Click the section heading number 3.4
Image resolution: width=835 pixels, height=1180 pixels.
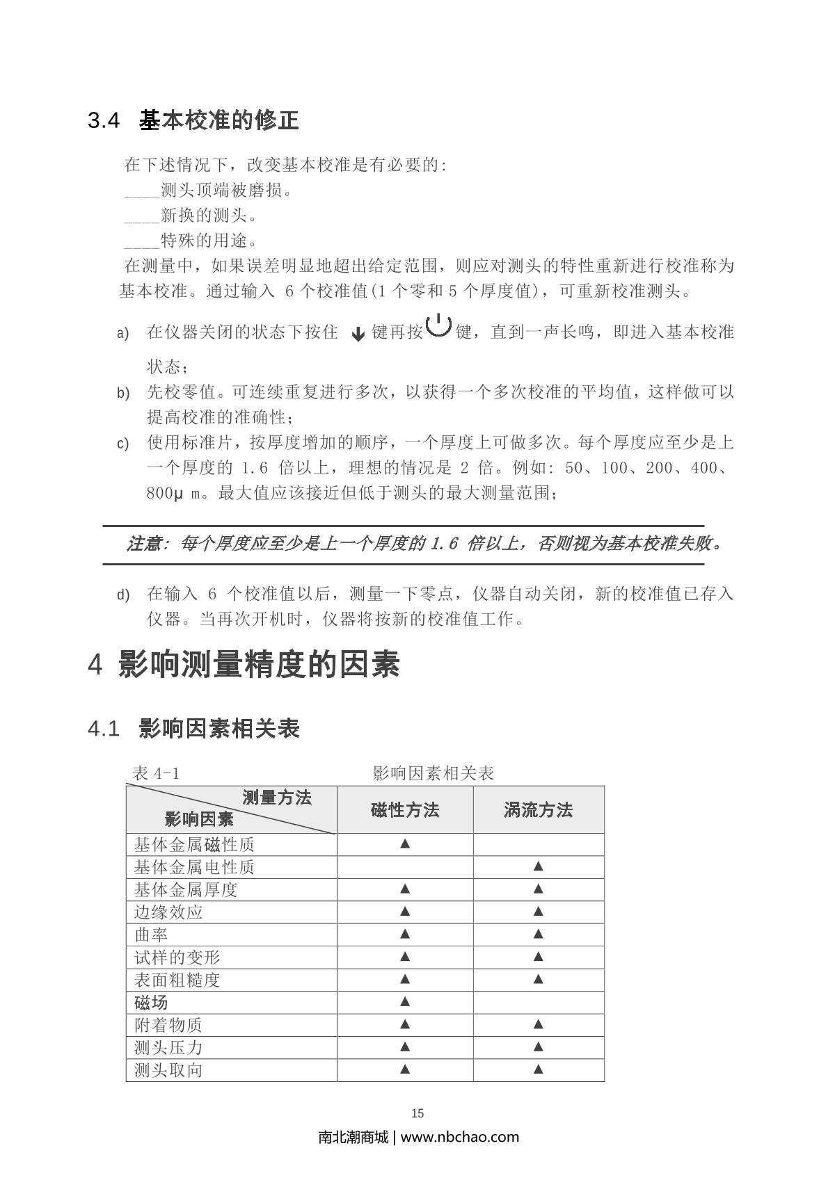104,121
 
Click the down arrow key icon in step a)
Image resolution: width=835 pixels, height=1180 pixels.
358,334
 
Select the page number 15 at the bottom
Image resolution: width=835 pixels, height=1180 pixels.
417,1113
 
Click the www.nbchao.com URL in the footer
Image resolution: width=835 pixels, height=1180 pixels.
460,1137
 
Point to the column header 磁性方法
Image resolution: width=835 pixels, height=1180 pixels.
405,810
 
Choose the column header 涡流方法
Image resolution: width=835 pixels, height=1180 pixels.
538,810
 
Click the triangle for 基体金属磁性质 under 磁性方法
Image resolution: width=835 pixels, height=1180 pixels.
405,844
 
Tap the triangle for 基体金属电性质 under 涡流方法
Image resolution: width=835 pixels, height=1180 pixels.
538,866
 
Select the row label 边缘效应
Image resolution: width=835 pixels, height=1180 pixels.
168,912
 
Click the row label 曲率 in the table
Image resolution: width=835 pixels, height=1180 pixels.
151,935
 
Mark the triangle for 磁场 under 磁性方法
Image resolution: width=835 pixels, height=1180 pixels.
405,1002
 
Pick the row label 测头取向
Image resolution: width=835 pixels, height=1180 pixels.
168,1070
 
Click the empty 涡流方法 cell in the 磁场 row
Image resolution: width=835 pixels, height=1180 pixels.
538,1002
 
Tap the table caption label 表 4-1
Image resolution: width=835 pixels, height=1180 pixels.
156,773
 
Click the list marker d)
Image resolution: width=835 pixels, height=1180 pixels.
123,595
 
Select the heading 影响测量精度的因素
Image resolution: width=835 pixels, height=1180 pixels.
259,665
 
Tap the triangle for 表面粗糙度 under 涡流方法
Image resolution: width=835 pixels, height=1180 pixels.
538,980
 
